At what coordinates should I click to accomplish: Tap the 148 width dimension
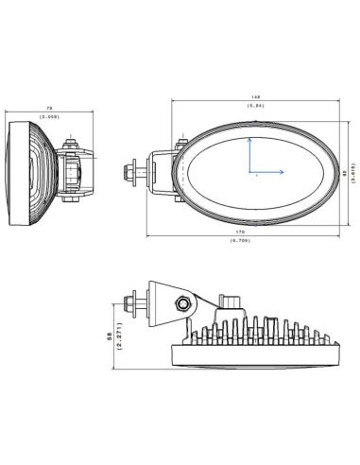(254, 96)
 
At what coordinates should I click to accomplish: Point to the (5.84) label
(254, 105)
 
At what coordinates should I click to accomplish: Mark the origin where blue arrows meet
(249, 173)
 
